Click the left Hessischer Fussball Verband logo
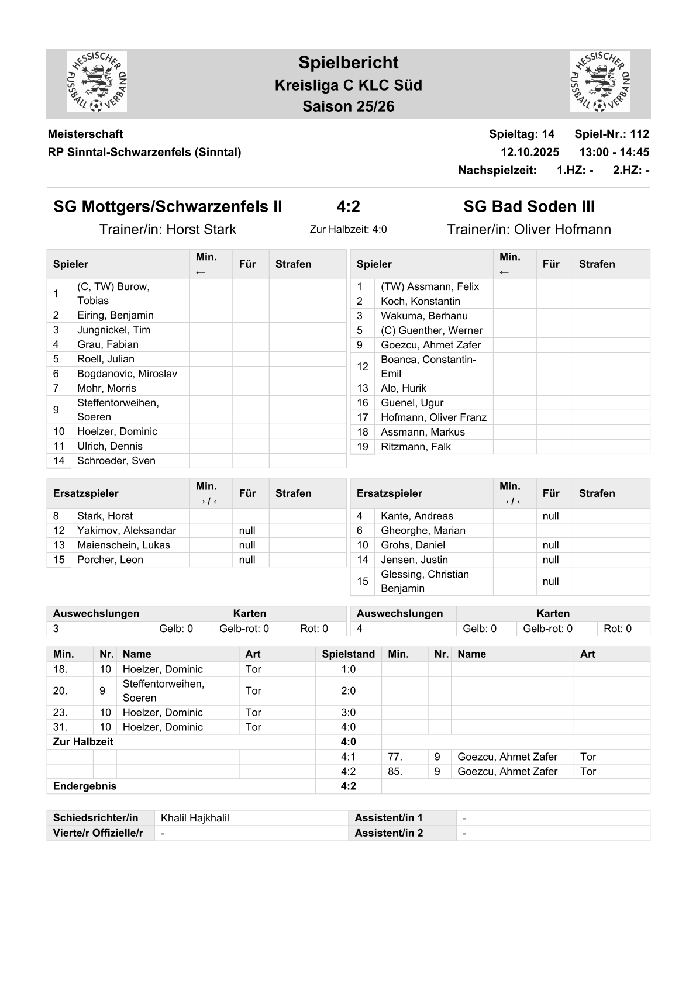(x=97, y=82)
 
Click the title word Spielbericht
(x=348, y=63)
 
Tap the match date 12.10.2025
(x=529, y=152)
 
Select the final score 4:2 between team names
(x=348, y=206)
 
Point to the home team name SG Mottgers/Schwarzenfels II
(x=168, y=206)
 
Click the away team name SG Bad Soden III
(x=529, y=206)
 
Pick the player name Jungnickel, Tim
(x=113, y=330)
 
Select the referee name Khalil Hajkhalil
(x=195, y=818)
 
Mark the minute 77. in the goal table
(x=395, y=757)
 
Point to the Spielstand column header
(x=348, y=654)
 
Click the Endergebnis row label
(x=85, y=786)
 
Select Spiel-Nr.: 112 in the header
(x=611, y=134)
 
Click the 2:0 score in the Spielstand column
(x=348, y=690)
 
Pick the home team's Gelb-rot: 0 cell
(x=244, y=629)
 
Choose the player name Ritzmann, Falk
(x=416, y=447)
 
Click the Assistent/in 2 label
(x=388, y=833)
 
